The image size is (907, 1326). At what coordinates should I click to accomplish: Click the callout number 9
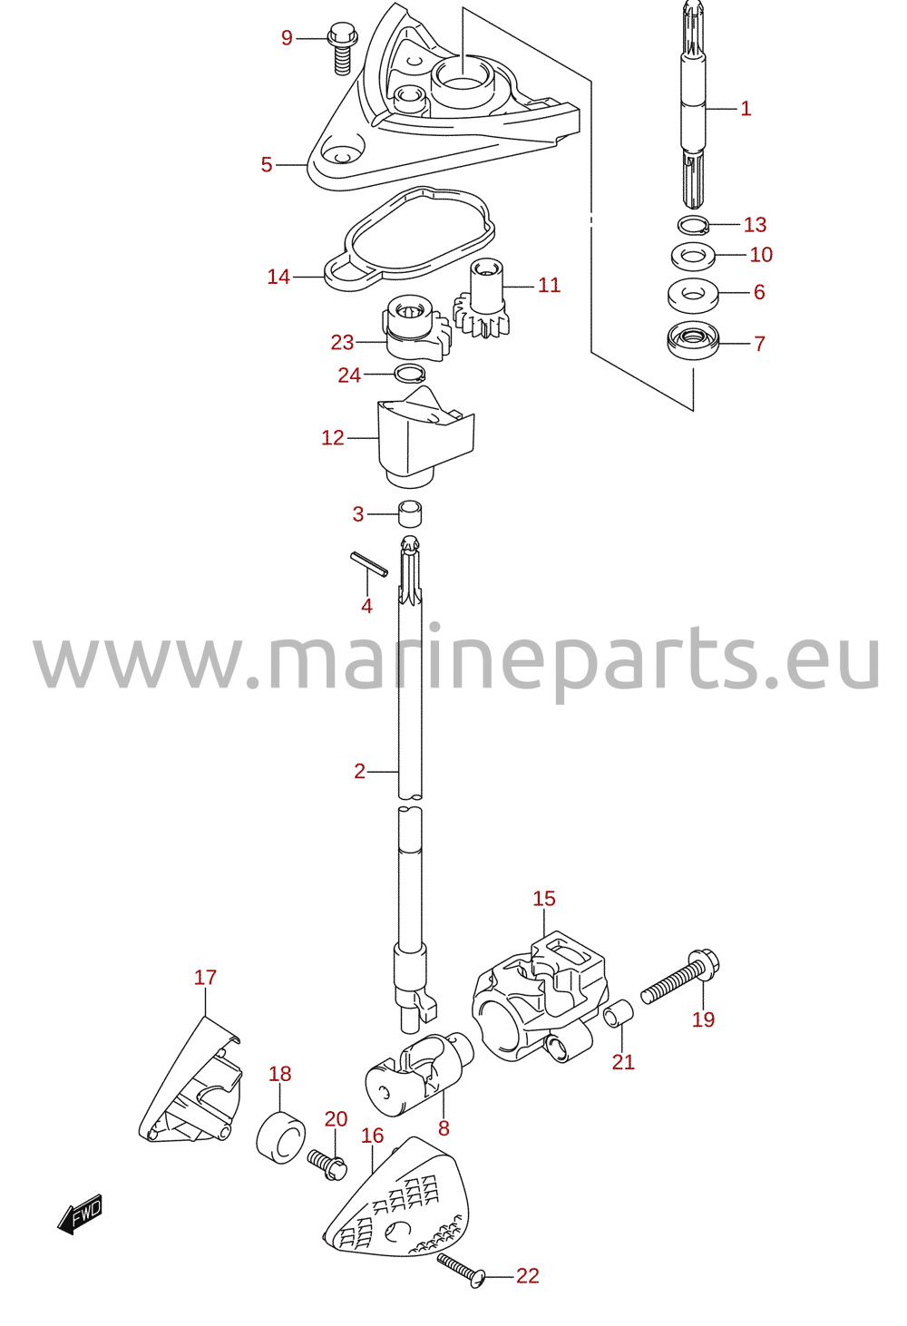287,38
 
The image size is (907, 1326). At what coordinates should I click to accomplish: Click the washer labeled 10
693,256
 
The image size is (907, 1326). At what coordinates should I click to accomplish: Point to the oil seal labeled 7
693,342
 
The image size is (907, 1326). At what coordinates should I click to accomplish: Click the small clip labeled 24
409,374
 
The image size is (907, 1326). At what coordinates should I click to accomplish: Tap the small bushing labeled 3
410,513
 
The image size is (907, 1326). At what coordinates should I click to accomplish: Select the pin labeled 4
368,563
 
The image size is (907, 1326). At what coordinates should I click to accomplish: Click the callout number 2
360,771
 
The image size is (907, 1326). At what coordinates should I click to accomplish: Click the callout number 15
544,899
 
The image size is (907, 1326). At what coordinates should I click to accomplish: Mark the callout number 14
278,277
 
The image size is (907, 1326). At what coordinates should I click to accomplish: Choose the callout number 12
333,437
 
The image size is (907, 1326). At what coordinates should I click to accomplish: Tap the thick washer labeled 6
693,293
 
